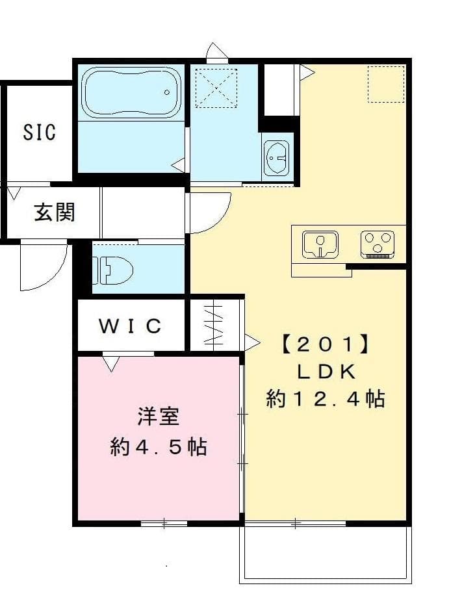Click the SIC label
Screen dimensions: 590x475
(x=40, y=133)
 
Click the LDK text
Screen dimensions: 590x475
(x=325, y=371)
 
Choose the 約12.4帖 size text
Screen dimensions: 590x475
(x=325, y=398)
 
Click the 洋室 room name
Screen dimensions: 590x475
(x=158, y=417)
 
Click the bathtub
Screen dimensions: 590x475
(x=131, y=92)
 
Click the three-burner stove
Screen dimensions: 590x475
(x=378, y=244)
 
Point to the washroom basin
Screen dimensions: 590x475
(x=277, y=158)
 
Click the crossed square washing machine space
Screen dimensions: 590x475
(x=216, y=86)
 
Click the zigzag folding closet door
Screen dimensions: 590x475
(x=214, y=324)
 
